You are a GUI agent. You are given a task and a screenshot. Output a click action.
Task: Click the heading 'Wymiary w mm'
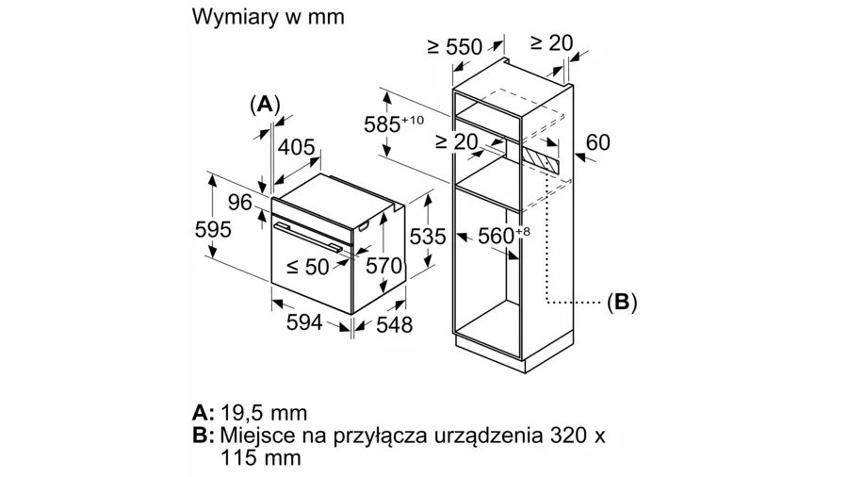(x=269, y=17)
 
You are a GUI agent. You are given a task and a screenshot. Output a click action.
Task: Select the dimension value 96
(x=240, y=202)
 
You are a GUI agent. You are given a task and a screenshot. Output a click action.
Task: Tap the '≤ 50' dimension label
(x=307, y=267)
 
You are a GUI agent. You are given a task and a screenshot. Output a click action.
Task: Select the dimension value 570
(x=383, y=267)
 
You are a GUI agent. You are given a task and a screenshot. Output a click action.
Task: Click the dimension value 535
(x=428, y=237)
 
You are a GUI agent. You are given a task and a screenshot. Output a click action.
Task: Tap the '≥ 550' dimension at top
(x=453, y=46)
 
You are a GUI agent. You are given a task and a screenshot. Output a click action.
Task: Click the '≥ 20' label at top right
(x=551, y=42)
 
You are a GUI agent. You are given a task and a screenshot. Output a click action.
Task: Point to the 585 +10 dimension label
(x=395, y=123)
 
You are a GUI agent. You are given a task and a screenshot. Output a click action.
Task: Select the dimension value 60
(x=597, y=142)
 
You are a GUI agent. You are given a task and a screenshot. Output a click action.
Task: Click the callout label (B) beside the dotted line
(x=622, y=302)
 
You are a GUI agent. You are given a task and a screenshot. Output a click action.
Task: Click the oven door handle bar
(x=311, y=233)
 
